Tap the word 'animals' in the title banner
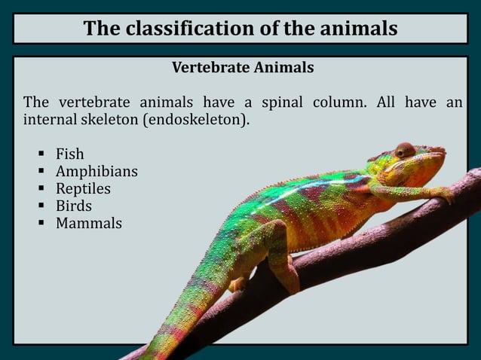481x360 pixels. pyautogui.click(x=354, y=29)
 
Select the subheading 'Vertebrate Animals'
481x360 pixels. pyautogui.click(x=243, y=68)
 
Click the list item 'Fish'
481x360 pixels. pyautogui.click(x=70, y=154)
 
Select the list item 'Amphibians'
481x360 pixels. pyautogui.click(x=97, y=172)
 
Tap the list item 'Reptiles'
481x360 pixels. pyautogui.click(x=83, y=189)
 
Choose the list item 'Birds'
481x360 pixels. pyautogui.click(x=74, y=206)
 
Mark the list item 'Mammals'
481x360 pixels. pyautogui.click(x=89, y=224)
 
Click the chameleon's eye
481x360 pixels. pyautogui.click(x=405, y=150)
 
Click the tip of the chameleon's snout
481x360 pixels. pyautogui.click(x=444, y=151)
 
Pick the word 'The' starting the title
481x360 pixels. pyautogui.click(x=101, y=29)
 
